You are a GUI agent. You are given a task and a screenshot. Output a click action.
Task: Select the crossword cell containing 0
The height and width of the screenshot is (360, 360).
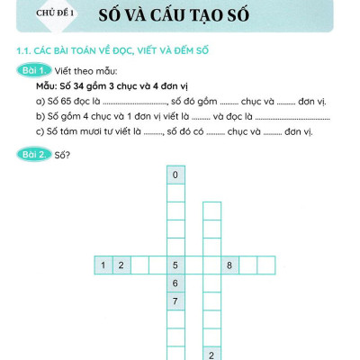175,175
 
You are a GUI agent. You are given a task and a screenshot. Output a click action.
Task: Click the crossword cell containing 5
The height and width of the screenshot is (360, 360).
175,265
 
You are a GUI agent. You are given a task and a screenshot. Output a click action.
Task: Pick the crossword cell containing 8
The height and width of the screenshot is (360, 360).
229,265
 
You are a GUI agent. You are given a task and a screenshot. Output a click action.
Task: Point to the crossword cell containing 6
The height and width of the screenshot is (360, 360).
175,283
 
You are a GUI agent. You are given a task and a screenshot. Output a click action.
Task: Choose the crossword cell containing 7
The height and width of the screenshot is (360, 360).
175,301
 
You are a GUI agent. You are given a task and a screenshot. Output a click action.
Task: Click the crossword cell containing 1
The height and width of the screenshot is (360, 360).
104,265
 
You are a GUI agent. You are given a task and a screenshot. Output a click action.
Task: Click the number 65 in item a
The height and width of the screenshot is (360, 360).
68,101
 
